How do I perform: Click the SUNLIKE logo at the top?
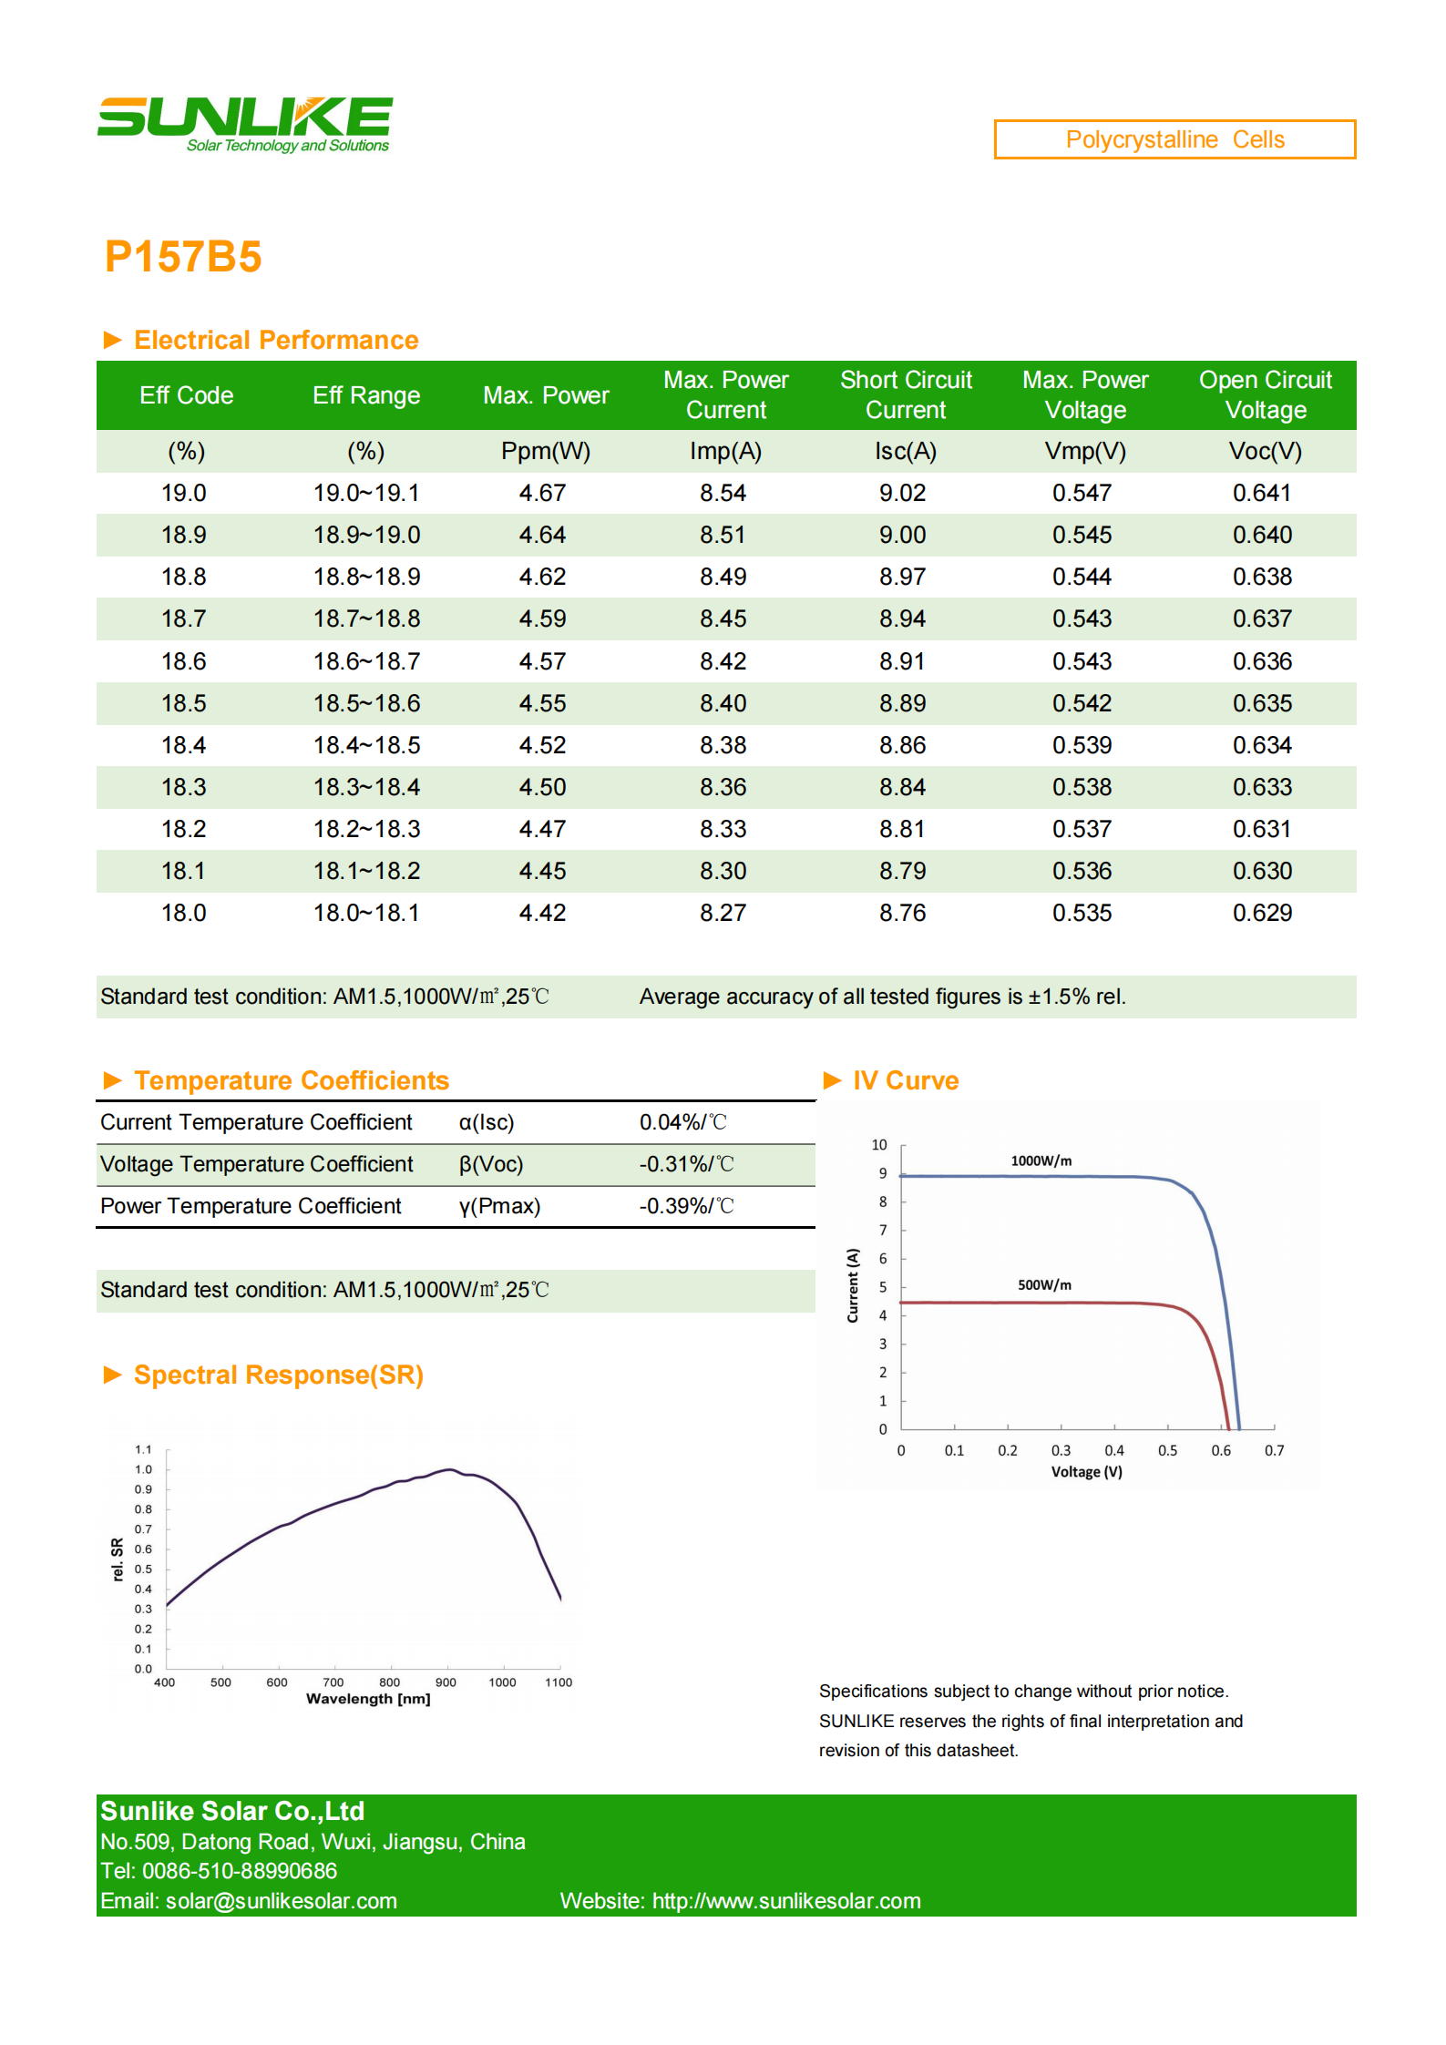[x=245, y=125]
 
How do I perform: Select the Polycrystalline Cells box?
[x=1174, y=139]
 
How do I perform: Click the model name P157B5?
[x=183, y=256]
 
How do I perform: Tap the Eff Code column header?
[x=186, y=395]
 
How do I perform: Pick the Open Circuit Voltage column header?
[x=1266, y=394]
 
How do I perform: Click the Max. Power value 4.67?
[x=542, y=493]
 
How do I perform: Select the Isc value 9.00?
[x=902, y=535]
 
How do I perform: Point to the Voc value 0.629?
[x=1262, y=913]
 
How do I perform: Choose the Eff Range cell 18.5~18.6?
[x=366, y=703]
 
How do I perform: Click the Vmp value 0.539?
[x=1082, y=745]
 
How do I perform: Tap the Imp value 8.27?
[x=723, y=913]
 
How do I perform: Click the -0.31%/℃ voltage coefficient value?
[x=686, y=1164]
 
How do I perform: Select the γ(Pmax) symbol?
[x=499, y=1206]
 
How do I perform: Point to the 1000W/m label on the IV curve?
[x=1041, y=1161]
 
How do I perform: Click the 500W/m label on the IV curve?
[x=1044, y=1284]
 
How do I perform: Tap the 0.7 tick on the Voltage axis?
[x=1274, y=1450]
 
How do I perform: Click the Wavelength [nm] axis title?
[x=368, y=1699]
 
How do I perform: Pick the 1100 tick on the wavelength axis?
[x=559, y=1682]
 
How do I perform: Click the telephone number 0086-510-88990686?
[x=240, y=1871]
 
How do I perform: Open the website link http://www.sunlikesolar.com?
[x=786, y=1901]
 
